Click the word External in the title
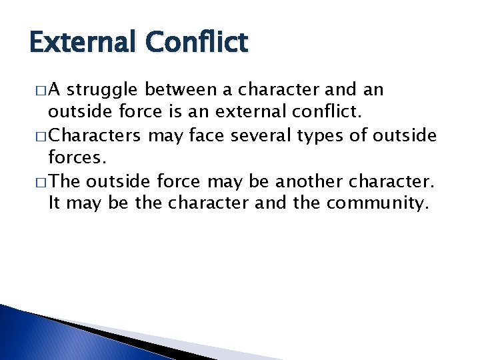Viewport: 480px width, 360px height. (81, 43)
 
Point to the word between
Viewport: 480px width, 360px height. (178, 89)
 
